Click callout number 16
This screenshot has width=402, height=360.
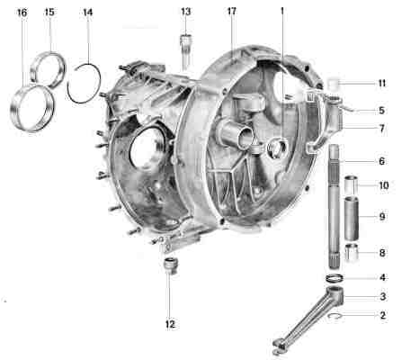pos(22,13)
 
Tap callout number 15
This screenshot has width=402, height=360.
pos(49,12)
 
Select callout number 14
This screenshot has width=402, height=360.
pos(88,13)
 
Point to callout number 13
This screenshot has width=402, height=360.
pos(185,12)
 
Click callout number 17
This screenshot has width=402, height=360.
pos(232,12)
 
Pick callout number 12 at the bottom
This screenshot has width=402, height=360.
pos(170,324)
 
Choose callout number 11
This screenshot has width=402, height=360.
pos(381,83)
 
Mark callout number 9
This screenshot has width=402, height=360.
pos(382,217)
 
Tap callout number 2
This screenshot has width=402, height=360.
pos(382,315)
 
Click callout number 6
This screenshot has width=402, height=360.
pos(381,161)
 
